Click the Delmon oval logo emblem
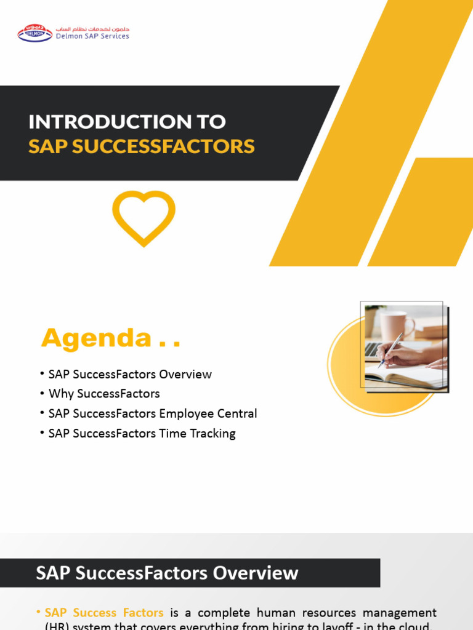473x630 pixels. click(34, 33)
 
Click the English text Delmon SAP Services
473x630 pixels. click(92, 36)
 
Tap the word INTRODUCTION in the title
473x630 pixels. click(108, 122)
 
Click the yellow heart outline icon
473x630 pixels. click(144, 218)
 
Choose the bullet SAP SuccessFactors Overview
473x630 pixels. click(130, 374)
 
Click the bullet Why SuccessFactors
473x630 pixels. click(104, 394)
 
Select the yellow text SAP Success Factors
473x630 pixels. click(104, 613)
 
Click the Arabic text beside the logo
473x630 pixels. click(92, 28)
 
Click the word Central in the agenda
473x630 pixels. click(237, 413)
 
